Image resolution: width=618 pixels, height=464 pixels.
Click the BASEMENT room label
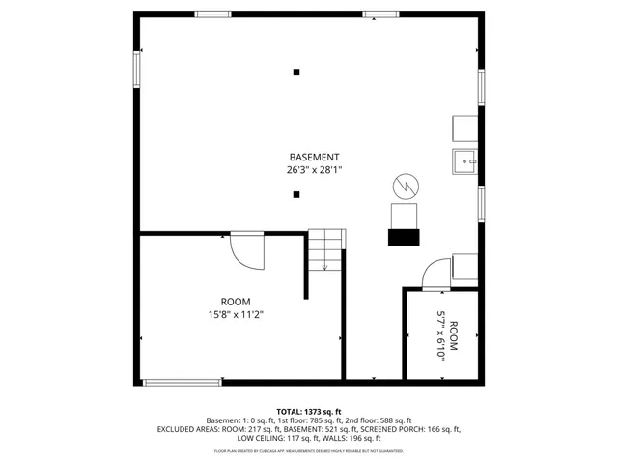(x=314, y=157)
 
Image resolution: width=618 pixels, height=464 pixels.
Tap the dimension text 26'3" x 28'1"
(x=314, y=169)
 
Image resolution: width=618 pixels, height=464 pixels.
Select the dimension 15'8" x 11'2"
(x=235, y=314)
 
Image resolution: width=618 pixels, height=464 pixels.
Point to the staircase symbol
(x=325, y=250)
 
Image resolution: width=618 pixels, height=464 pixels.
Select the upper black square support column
(x=296, y=72)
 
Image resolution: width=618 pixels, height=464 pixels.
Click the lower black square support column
(x=296, y=195)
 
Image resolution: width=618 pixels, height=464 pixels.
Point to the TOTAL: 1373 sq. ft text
(x=309, y=411)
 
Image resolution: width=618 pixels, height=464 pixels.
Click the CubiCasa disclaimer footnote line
(x=309, y=450)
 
